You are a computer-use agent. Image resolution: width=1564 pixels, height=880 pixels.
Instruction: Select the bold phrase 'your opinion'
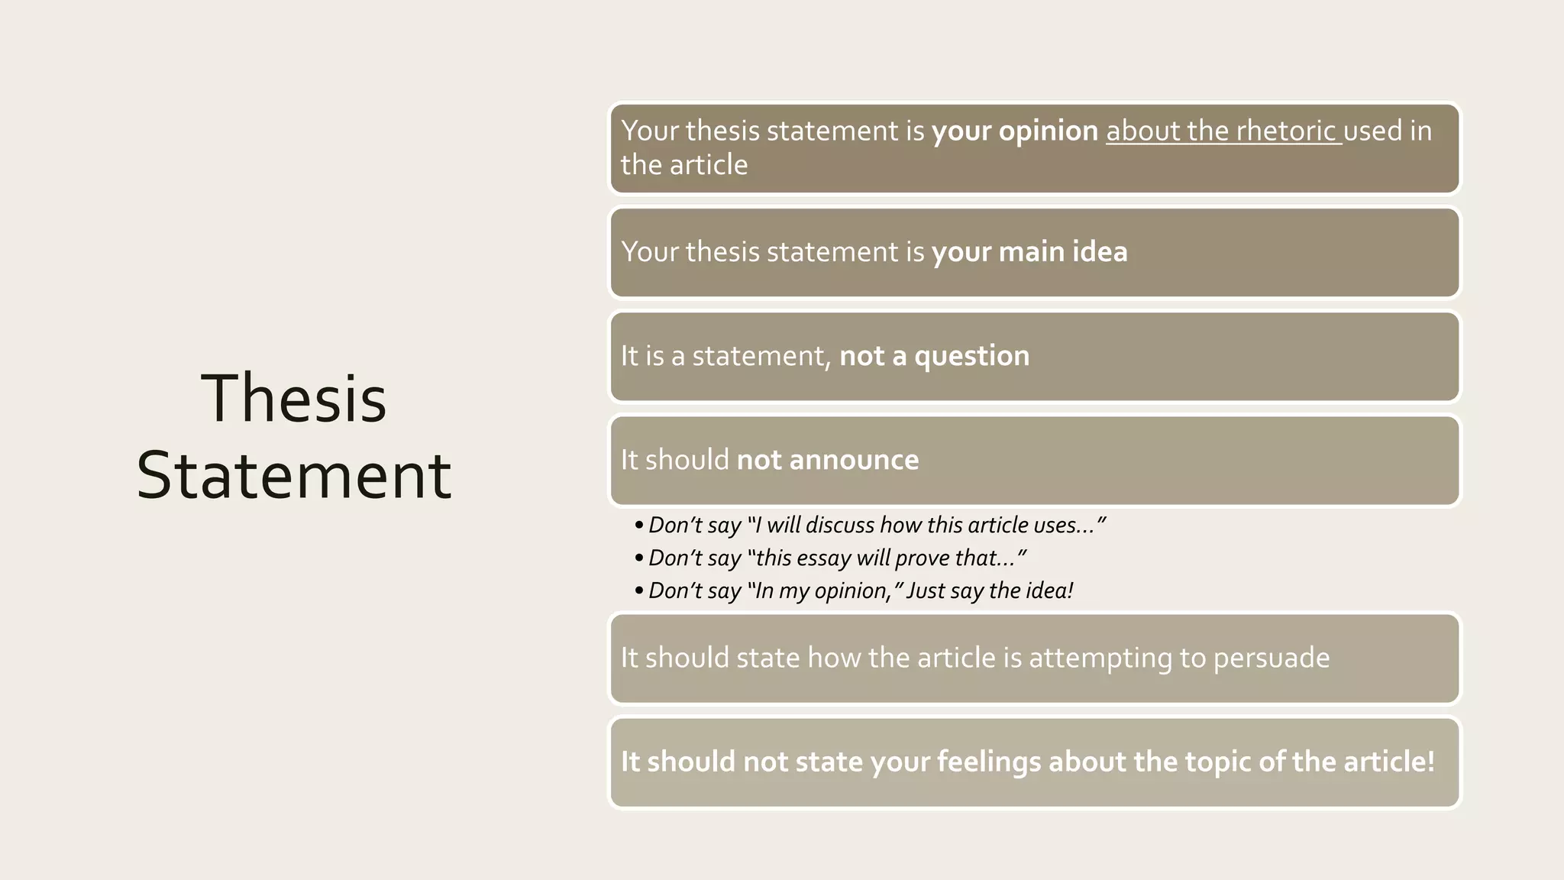coord(1014,131)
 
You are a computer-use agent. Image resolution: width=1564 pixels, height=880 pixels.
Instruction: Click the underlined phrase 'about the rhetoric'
coord(1222,131)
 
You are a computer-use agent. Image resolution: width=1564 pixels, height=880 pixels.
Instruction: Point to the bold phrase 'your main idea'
coord(1029,252)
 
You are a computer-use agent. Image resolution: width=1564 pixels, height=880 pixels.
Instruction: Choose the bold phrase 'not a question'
coord(934,356)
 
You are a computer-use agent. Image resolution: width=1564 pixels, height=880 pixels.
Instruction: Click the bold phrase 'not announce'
coord(827,460)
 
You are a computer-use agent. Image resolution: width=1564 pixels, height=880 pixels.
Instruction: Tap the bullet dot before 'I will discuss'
coord(638,526)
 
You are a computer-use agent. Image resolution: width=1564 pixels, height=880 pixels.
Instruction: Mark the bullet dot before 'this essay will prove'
coord(638,558)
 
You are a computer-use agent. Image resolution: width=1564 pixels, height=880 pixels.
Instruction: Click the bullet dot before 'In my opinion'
coord(638,591)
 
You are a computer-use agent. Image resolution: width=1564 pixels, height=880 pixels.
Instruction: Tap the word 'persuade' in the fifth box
coord(1271,658)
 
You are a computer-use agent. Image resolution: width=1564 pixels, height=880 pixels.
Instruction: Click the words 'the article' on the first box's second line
coord(684,165)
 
